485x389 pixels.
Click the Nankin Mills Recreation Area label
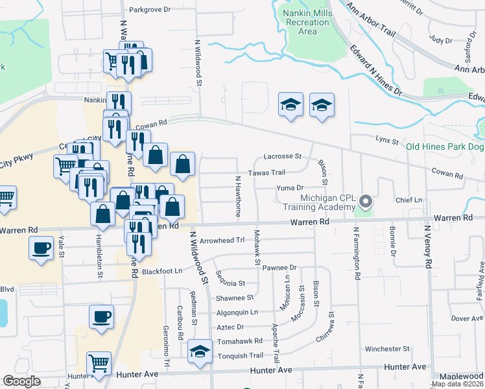[x=303, y=21]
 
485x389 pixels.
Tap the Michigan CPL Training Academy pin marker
[x=366, y=202]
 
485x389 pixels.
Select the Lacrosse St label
[x=283, y=156]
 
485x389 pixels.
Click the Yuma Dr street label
[x=290, y=188]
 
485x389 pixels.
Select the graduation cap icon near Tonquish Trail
[x=200, y=352]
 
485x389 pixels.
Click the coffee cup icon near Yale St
[x=41, y=248]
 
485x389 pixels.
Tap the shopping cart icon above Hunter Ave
[x=99, y=363]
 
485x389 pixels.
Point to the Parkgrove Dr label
[x=149, y=10]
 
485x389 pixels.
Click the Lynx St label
[x=385, y=139]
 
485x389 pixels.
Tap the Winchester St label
[x=386, y=349]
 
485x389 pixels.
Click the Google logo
[x=21, y=381]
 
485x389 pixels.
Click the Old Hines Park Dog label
[x=445, y=147]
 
